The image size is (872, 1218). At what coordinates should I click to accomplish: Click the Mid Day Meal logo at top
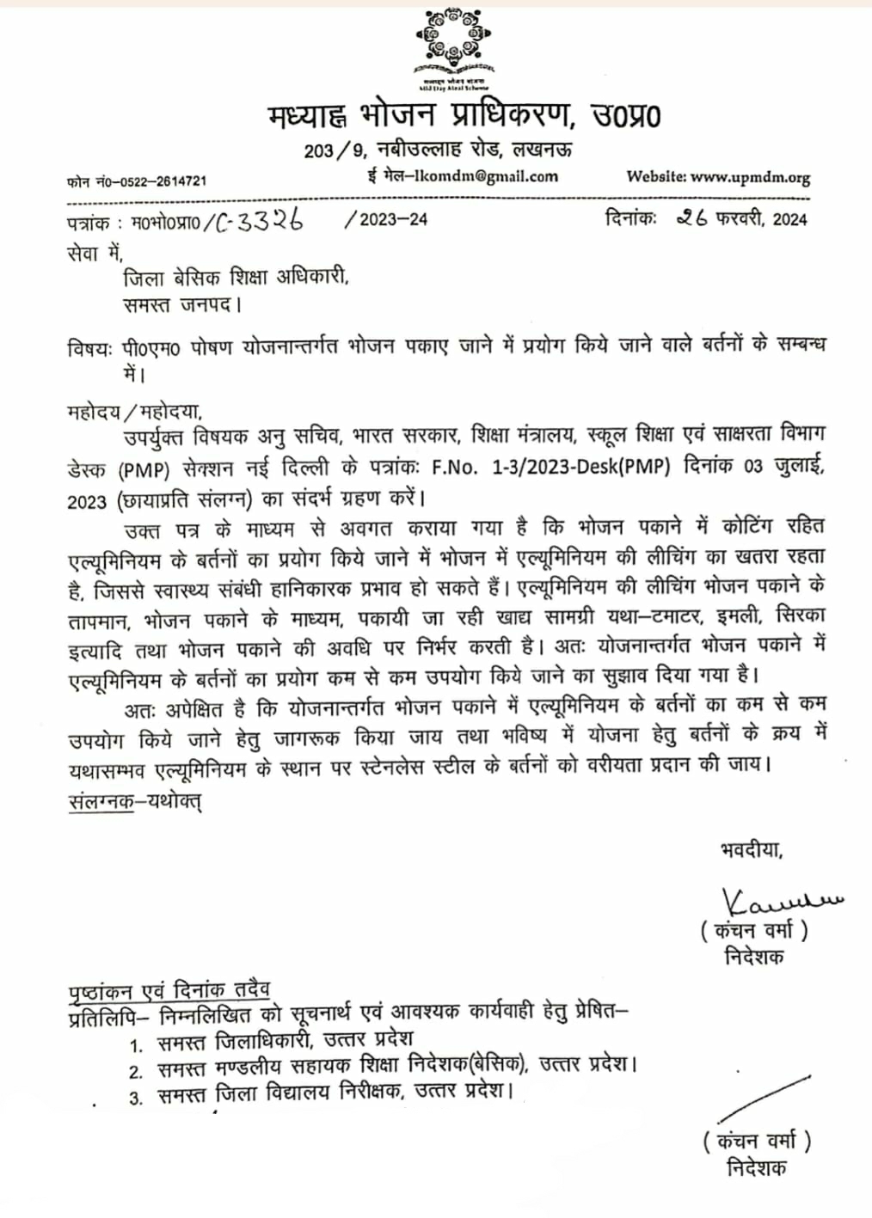tap(451, 46)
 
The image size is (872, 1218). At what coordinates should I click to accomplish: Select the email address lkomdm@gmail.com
tap(485, 176)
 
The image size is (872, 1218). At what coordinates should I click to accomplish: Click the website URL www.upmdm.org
tap(750, 178)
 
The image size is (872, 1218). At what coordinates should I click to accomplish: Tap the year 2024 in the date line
tap(789, 219)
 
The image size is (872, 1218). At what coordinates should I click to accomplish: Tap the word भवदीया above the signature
tap(752, 850)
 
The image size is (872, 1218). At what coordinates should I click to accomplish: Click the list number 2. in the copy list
tap(136, 1071)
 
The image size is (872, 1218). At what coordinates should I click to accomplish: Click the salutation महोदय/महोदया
tap(133, 411)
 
